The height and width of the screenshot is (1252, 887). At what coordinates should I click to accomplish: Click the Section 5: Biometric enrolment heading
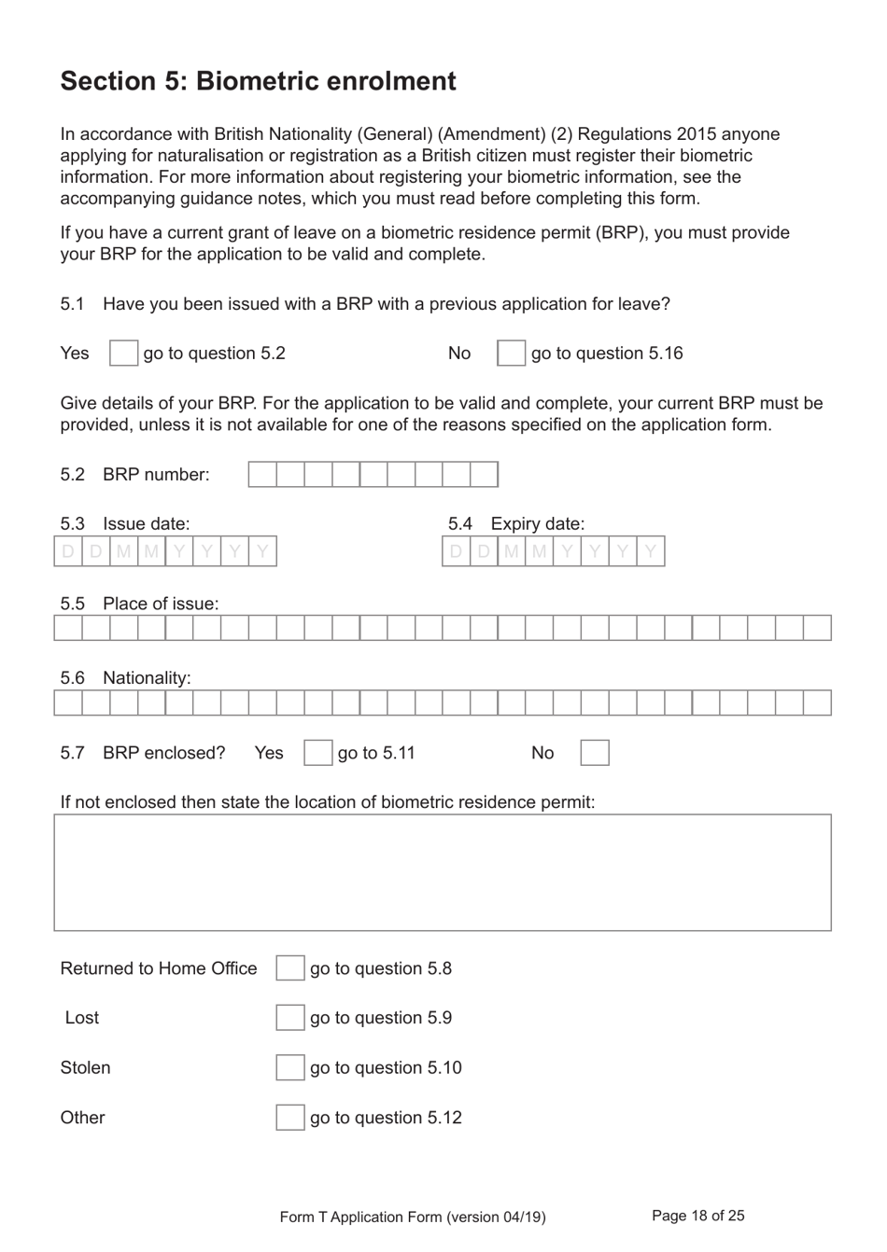point(258,81)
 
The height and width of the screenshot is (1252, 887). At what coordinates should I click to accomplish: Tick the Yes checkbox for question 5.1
point(123,354)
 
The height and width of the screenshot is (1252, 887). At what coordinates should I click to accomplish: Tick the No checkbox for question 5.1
point(511,354)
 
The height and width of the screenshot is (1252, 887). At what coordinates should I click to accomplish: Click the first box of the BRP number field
point(262,474)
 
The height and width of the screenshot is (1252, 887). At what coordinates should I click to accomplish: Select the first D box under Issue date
point(68,551)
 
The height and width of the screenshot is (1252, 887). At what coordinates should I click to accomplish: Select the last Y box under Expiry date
point(651,551)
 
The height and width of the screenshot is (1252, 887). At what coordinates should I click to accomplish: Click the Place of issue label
point(161,604)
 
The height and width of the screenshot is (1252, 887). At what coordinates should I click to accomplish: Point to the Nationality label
point(147,678)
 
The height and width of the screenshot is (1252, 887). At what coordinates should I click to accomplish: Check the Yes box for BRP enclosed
point(317,753)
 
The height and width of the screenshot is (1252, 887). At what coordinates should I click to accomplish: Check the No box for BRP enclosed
point(595,753)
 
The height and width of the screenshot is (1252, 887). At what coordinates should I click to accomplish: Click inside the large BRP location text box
point(443,872)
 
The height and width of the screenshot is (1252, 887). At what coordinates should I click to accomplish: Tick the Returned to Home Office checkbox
point(289,968)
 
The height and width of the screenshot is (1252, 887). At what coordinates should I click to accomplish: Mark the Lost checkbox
point(289,1018)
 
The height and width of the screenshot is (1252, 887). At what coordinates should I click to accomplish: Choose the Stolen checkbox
point(289,1067)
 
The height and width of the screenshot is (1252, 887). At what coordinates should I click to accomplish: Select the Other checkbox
point(289,1118)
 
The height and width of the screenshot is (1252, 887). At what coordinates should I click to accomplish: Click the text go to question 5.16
point(607,354)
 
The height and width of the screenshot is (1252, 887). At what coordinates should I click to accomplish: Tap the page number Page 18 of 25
point(697,1216)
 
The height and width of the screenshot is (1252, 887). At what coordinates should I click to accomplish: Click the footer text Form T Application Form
point(413,1217)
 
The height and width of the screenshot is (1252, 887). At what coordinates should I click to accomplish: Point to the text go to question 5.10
point(386,1067)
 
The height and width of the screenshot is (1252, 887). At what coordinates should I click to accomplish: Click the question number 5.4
point(460,523)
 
